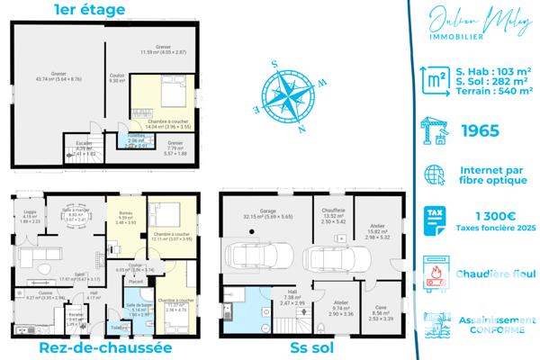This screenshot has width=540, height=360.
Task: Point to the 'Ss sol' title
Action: tap(310, 348)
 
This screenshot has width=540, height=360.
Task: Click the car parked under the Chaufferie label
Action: tap(328, 259)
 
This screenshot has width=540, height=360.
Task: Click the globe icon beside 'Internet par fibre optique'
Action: tap(436, 174)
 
